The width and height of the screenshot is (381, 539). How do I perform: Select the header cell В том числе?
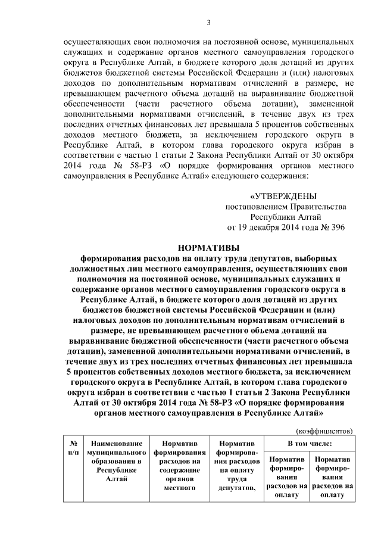310,444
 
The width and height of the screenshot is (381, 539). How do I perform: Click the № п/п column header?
75,448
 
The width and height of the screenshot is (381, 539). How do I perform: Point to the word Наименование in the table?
116,444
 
